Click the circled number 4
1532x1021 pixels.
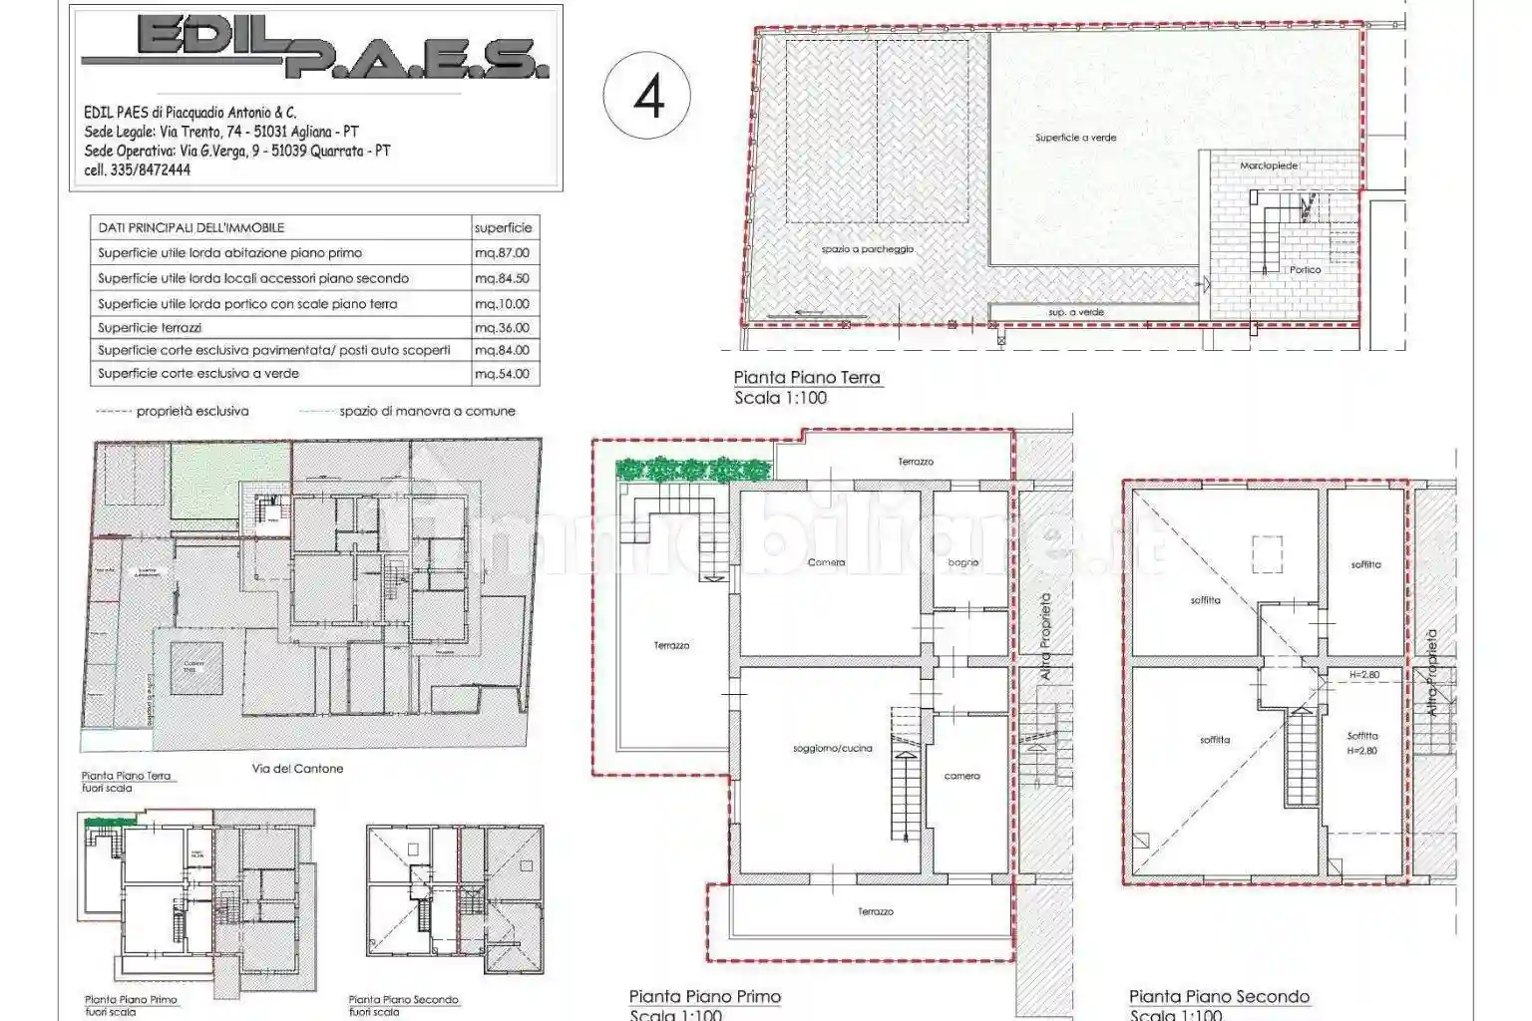648,97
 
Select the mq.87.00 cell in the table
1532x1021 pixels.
503,253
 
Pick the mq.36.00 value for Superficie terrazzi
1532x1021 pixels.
503,327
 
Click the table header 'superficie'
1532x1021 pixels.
503,227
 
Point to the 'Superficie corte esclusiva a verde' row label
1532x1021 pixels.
198,373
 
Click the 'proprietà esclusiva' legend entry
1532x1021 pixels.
192,411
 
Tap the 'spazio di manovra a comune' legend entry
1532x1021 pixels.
427,411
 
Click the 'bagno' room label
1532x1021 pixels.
962,562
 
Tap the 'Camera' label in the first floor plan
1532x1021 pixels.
826,562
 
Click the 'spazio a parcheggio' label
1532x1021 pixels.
867,249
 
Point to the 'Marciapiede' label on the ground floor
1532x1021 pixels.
1269,166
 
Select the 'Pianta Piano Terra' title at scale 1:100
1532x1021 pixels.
807,377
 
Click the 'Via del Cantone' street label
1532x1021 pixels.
297,769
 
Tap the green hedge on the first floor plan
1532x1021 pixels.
693,468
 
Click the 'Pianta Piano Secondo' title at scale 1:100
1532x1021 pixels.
1219,996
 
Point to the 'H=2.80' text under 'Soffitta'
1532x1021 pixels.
1361,751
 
